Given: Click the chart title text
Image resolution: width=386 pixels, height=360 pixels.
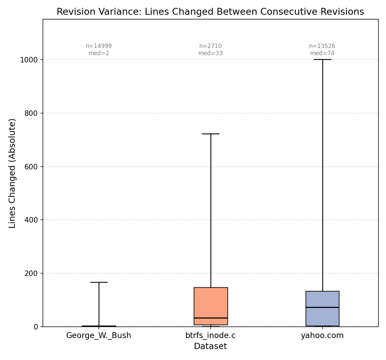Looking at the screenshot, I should [210, 12].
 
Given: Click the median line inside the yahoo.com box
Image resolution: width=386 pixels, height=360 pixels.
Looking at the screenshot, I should [322, 307].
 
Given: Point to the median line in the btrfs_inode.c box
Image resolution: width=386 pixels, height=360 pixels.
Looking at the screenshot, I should [210, 318].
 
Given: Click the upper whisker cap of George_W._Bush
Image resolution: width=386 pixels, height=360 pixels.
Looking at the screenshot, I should [99, 282].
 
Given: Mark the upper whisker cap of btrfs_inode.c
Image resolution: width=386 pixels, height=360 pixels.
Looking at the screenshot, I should [210, 134].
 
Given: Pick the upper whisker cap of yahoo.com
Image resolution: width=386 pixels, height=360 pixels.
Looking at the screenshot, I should [322, 59].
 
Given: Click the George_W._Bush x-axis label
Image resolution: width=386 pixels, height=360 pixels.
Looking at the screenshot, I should [98, 335].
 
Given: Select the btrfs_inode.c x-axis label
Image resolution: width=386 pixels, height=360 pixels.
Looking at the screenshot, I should [210, 335].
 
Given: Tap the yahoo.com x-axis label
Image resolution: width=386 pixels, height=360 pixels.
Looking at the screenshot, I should [322, 335].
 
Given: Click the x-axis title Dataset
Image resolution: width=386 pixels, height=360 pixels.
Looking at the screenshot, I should [210, 346].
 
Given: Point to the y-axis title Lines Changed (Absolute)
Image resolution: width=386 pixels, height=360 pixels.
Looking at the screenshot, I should [12, 173].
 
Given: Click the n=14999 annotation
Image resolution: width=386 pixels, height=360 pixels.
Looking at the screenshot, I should [99, 46].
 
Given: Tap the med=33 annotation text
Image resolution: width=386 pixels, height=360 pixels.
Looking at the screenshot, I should [210, 53].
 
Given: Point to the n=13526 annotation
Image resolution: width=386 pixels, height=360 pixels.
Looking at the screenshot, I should [322, 46].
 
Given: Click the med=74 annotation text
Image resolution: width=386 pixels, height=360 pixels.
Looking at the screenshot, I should [322, 53].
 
